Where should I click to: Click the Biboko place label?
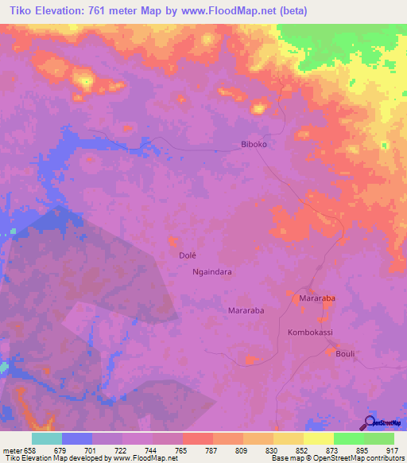257,145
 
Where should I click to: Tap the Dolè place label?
187,256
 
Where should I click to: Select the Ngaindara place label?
212,271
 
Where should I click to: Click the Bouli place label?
347,353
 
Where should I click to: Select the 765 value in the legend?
182,449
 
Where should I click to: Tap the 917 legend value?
393,449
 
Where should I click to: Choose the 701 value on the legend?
92,449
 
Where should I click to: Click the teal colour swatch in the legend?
47,438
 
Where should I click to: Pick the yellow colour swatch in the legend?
319,438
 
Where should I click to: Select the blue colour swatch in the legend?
77,438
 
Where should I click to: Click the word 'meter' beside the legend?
11,449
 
